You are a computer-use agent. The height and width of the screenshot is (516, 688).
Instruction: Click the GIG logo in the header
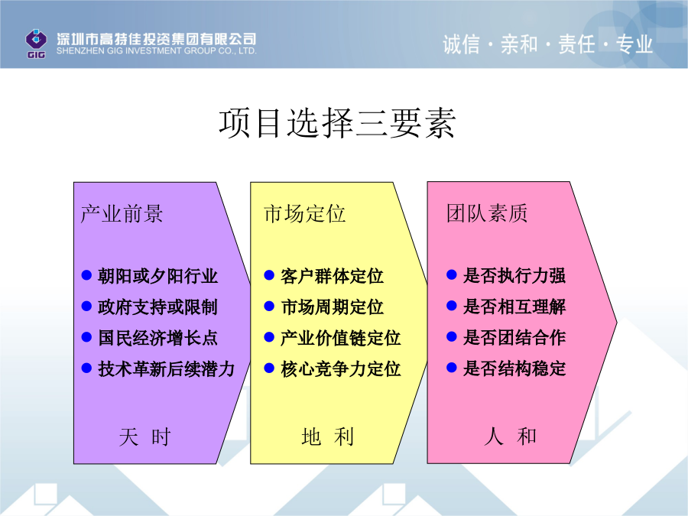point(36,44)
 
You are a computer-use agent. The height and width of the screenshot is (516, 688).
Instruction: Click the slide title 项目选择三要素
point(337,123)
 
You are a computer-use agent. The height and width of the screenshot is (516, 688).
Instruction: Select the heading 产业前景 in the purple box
point(122,214)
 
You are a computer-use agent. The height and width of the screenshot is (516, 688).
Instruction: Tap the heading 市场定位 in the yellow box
point(304,214)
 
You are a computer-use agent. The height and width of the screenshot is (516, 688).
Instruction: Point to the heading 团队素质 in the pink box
point(487,213)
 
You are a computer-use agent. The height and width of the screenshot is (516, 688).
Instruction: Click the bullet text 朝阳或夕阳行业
point(157,276)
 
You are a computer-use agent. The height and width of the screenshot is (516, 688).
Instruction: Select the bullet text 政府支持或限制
point(157,307)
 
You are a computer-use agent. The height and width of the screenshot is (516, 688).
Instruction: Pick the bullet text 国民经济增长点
point(157,338)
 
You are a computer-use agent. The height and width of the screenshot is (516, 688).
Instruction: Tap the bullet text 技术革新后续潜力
point(167,369)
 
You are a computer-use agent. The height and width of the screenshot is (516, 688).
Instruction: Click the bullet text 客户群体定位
point(332,276)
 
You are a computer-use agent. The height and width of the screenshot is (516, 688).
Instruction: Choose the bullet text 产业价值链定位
point(340,338)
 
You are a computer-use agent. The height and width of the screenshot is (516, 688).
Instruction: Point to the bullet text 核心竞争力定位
point(340,368)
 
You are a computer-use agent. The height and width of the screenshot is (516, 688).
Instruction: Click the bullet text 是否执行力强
point(514,275)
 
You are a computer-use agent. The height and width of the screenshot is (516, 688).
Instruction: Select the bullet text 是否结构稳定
point(514,368)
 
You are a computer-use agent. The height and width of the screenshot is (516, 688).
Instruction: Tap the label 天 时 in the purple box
point(144,437)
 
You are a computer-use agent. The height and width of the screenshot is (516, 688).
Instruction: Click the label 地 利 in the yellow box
point(327,437)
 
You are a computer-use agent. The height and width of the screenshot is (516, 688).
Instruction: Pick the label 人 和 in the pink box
point(510,436)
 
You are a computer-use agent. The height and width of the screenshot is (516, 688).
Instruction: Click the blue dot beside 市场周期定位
point(269,306)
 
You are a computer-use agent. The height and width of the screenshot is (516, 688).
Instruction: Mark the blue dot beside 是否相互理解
point(452,305)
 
